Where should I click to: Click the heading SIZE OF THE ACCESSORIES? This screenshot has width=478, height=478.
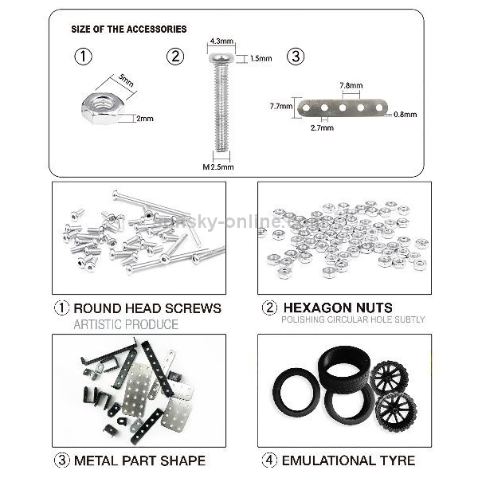coord(129,29)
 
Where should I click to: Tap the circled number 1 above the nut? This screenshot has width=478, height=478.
coord(82,57)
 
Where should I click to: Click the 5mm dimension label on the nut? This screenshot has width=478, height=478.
coord(125,82)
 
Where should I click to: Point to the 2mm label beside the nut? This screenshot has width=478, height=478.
coord(144,118)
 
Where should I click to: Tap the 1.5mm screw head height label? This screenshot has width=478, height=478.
coord(261,58)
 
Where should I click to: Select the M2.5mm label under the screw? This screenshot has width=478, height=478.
coord(218,167)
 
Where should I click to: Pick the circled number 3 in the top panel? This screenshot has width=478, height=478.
coord(296,57)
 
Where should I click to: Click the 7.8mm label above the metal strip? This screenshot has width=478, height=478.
coord(351,85)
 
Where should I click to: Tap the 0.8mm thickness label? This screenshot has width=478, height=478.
coord(405,114)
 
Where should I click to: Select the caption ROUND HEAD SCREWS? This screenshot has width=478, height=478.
coord(147,308)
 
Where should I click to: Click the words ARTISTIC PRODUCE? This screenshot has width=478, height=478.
coord(126,324)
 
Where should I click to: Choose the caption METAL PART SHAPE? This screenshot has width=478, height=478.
coord(139,460)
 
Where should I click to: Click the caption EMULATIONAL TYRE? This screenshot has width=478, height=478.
coord(347,460)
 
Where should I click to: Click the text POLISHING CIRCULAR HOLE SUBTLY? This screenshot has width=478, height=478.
coord(353,319)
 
